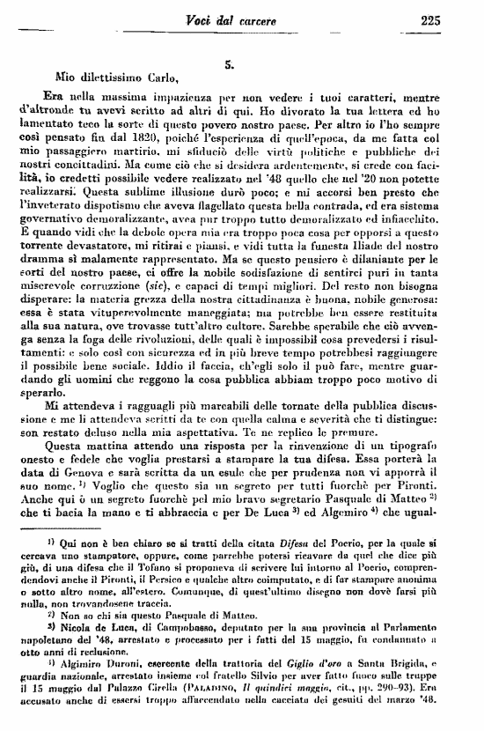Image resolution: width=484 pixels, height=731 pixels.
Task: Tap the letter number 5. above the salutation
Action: click(x=228, y=63)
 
